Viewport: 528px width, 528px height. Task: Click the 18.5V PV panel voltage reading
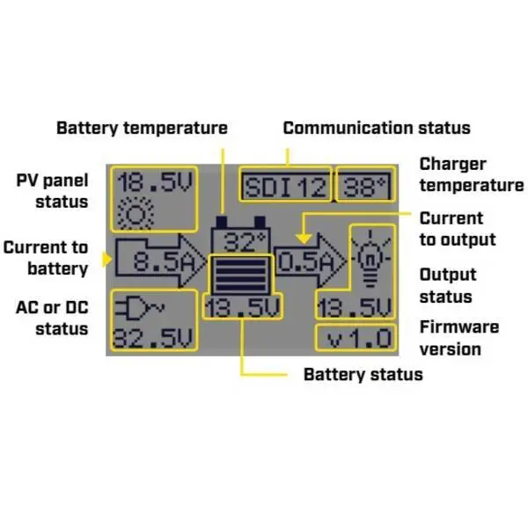click(154, 184)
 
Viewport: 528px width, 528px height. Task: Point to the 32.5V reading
click(155, 338)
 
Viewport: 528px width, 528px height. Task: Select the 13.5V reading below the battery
click(240, 307)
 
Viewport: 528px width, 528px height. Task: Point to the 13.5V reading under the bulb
click(356, 308)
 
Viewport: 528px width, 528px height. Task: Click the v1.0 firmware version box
click(356, 338)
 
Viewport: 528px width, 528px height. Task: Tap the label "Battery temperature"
click(142, 128)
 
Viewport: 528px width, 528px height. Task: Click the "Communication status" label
click(377, 128)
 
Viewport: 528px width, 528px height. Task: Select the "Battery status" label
click(363, 374)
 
